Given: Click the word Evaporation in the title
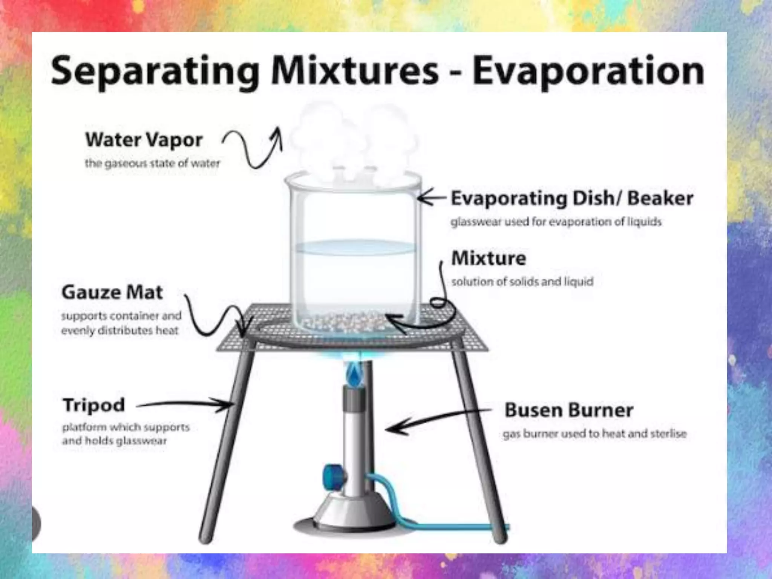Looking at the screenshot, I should coord(588,72).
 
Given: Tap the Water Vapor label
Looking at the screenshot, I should coord(144,140).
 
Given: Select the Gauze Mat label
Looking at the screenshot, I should coord(112,293).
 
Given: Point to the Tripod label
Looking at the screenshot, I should coord(93,405).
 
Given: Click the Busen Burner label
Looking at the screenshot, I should coord(568,410).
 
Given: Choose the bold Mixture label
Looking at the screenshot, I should coord(489,259).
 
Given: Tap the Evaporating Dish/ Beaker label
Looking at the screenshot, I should coord(572,198).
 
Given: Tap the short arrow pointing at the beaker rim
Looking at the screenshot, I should coord(432,197).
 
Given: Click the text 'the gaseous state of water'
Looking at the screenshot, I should coord(152,164).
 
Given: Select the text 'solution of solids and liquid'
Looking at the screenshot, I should coord(522,282).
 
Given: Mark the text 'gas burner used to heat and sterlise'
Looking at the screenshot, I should coord(594,434).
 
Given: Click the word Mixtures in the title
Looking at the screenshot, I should coord(354,72).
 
